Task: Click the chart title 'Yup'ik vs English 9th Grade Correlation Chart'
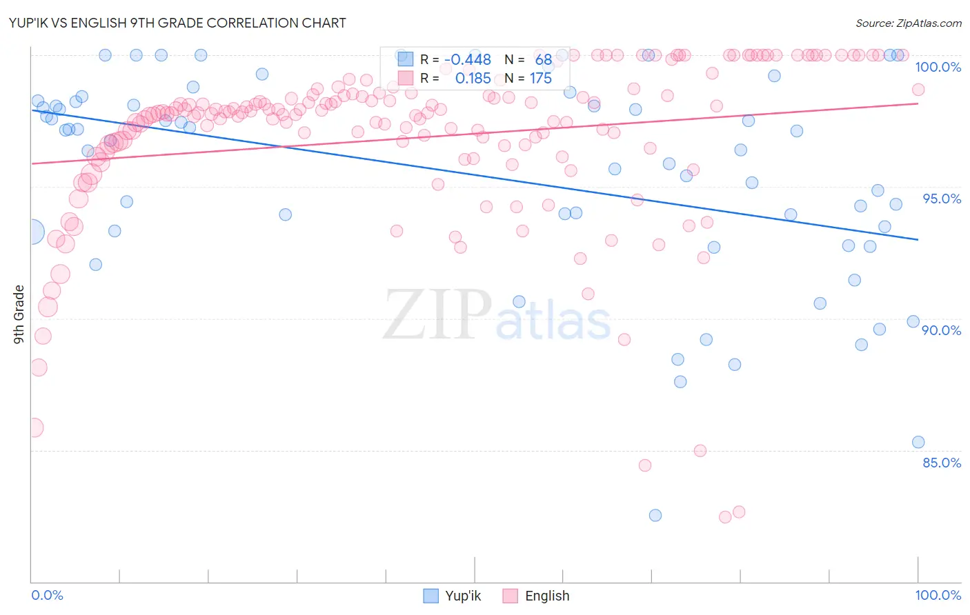click(177, 23)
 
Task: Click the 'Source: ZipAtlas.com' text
click(908, 23)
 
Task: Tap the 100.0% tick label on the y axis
click(938, 67)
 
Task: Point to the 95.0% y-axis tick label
click(942, 199)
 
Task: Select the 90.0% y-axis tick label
click(942, 330)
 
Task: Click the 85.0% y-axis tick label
click(942, 463)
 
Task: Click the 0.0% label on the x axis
click(47, 595)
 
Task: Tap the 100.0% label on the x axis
click(938, 595)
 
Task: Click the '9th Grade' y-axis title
click(19, 314)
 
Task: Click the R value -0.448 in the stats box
click(468, 60)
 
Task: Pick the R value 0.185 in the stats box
click(473, 79)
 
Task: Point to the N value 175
click(541, 79)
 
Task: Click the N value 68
click(544, 60)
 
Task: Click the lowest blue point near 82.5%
click(655, 515)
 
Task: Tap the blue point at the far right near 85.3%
click(918, 442)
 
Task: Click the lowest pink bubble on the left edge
click(33, 427)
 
